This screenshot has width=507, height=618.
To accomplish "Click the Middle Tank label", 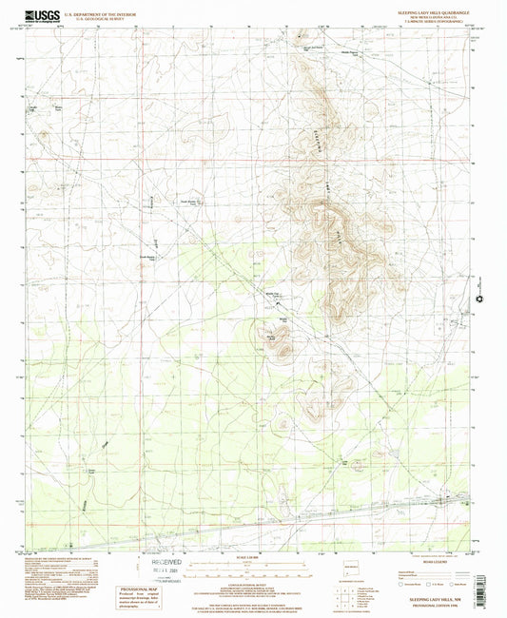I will (x=270, y=296).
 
